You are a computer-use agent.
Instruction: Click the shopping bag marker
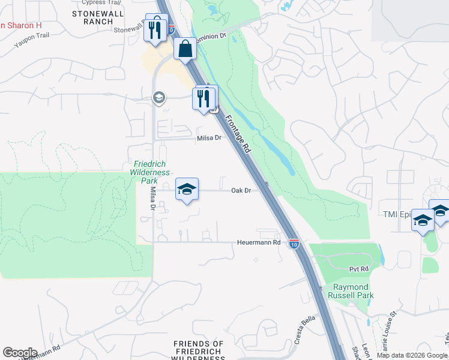pos(185,48)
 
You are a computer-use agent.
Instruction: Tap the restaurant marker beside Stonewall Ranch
pos(156,28)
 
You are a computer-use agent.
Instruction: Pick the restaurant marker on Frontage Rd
pos(204,97)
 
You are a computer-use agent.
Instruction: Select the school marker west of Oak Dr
pos(187,190)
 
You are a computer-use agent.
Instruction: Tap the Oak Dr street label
pos(241,190)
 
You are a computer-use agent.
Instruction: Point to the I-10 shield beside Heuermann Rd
pos(294,244)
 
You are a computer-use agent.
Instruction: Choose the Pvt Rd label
pos(357,270)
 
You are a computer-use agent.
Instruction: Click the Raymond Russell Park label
pos(354,291)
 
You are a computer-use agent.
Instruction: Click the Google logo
pos(20,353)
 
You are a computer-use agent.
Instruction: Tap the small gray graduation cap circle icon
pos(159,97)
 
